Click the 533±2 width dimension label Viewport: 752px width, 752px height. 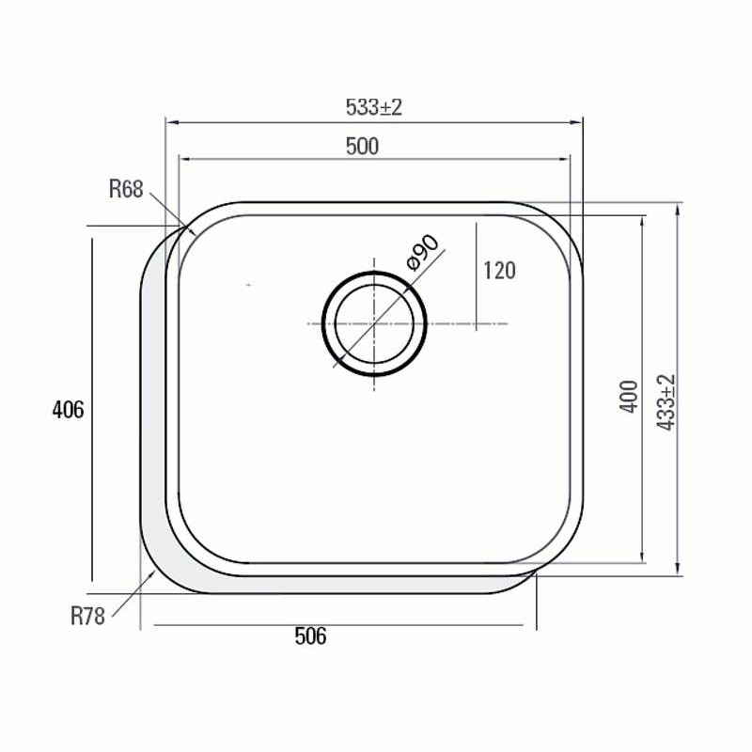[x=373, y=107]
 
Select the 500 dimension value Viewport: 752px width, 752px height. [x=362, y=147]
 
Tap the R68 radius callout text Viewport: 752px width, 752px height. [x=126, y=189]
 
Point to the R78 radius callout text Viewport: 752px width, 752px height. [x=87, y=616]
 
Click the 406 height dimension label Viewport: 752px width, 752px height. [x=68, y=410]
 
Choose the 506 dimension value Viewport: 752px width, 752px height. [x=310, y=636]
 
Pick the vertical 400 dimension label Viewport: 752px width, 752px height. [x=629, y=397]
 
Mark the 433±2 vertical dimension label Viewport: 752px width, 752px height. [x=666, y=402]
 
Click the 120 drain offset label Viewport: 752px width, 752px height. [x=499, y=271]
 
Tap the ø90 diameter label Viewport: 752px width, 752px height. [x=422, y=252]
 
